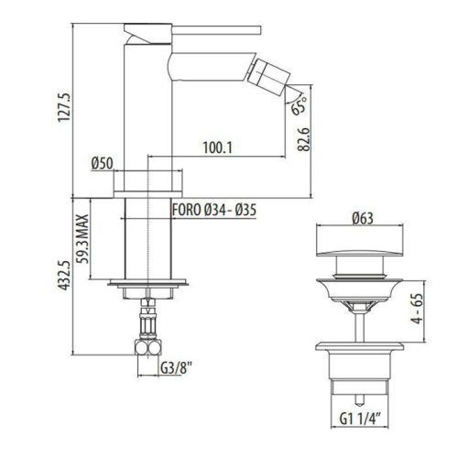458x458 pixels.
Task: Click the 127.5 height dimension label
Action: pyautogui.click(x=65, y=107)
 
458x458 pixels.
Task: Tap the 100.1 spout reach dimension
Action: pyautogui.click(x=218, y=147)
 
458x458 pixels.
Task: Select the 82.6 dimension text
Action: pyautogui.click(x=304, y=139)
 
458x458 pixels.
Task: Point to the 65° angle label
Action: pyautogui.click(x=299, y=105)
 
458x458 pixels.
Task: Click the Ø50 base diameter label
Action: pyautogui.click(x=103, y=163)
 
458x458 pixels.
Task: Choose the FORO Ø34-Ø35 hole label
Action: pyautogui.click(x=214, y=210)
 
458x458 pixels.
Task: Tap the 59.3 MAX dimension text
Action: pyautogui.click(x=82, y=238)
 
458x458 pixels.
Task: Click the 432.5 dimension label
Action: pyautogui.click(x=65, y=276)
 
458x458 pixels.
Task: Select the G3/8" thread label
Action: pyautogui.click(x=176, y=368)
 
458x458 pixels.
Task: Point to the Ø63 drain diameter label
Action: pyautogui.click(x=363, y=219)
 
